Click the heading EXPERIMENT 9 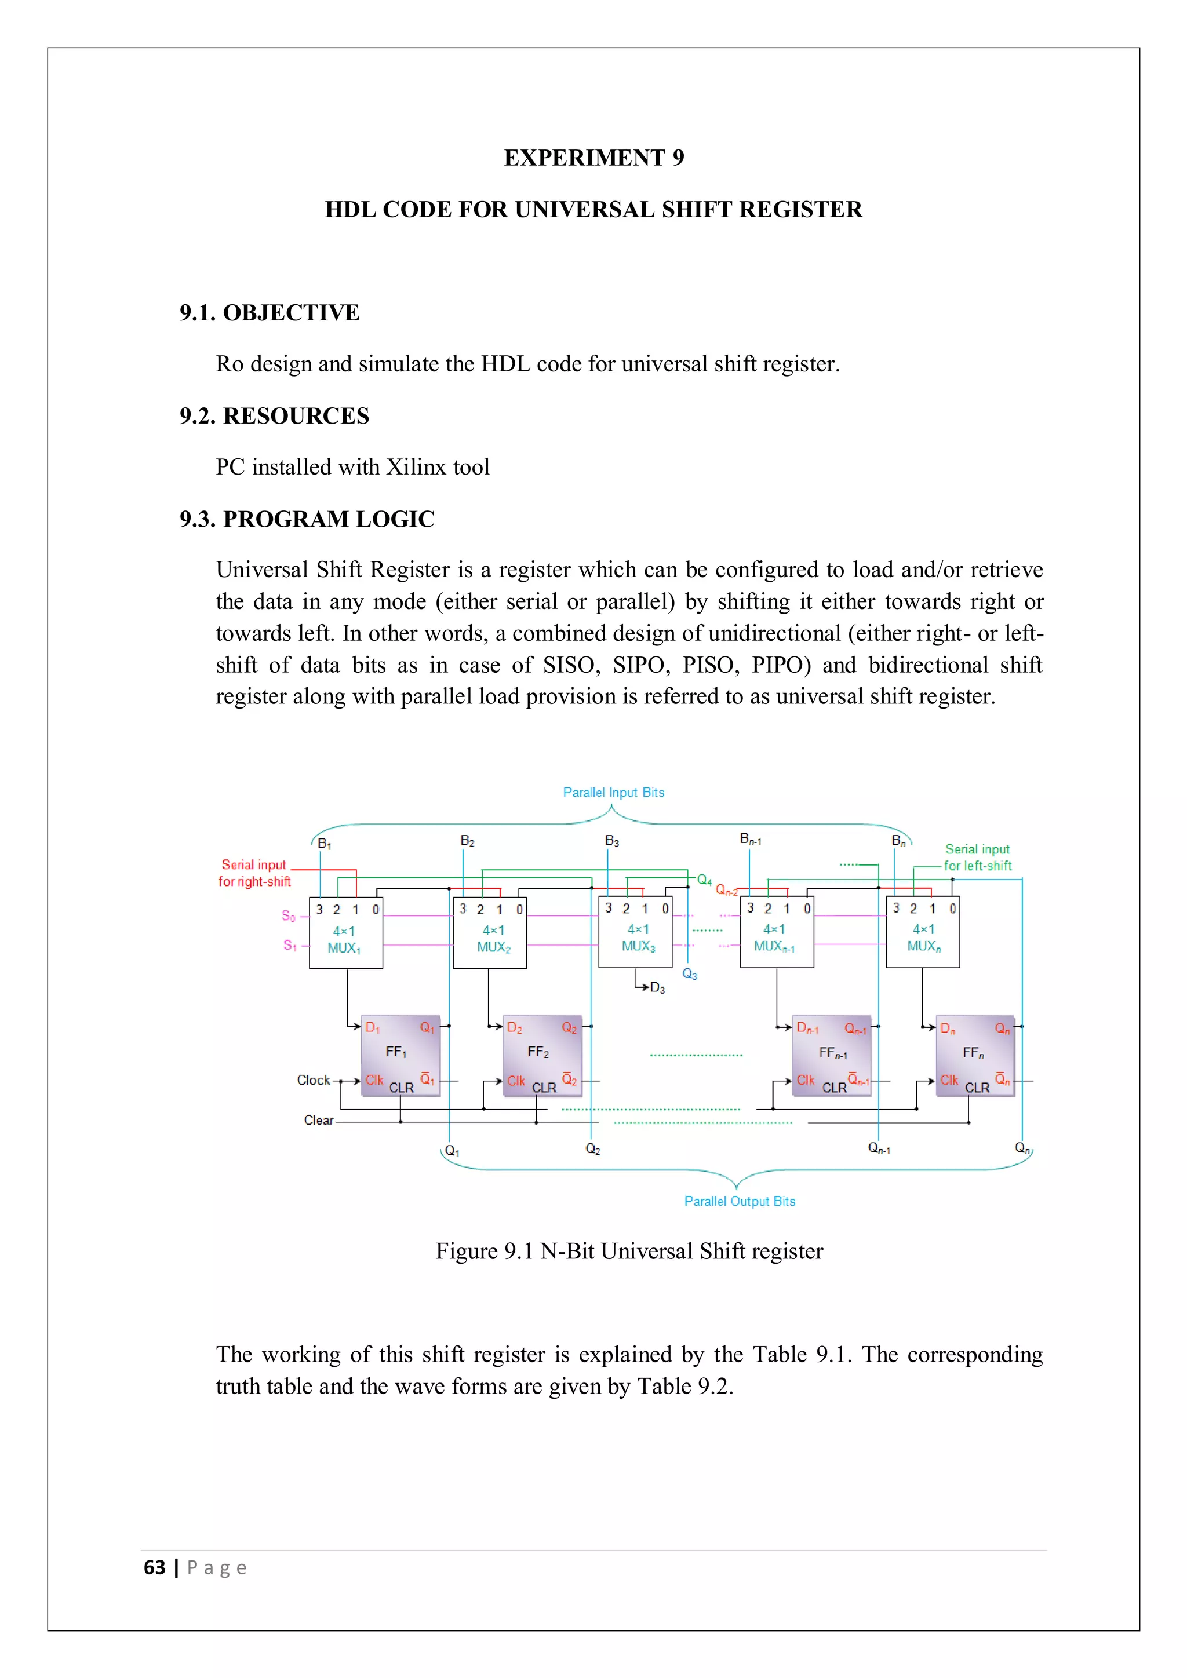coord(593,158)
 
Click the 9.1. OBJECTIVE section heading coord(269,313)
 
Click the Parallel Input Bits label coord(613,792)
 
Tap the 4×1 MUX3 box coord(635,932)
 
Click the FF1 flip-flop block coord(400,1055)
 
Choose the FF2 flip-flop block coord(541,1055)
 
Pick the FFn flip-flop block coord(975,1055)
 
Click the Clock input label coord(314,1080)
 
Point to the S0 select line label coord(289,915)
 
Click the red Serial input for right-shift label coord(254,873)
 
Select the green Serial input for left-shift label coord(977,858)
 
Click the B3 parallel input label coord(612,841)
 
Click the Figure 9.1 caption coord(629,1251)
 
